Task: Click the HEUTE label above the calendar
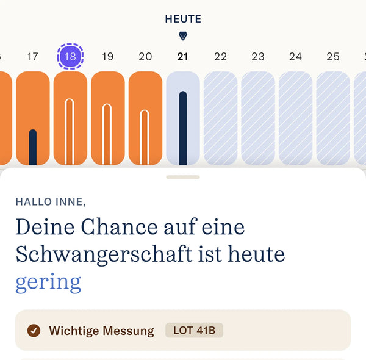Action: tap(183, 19)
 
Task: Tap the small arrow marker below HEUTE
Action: tap(183, 36)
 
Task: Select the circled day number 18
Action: tap(70, 57)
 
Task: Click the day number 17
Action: tap(33, 57)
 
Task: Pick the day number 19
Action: tap(107, 57)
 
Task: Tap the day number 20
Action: tap(145, 57)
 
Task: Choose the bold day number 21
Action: tap(182, 57)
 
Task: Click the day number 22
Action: tap(220, 57)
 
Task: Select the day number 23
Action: tap(258, 57)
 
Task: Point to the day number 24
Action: tap(295, 57)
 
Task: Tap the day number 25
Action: tap(333, 57)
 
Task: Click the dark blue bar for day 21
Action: tap(183, 128)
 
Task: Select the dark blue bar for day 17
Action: tap(33, 147)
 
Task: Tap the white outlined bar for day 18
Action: tap(70, 131)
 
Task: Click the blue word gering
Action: tap(48, 282)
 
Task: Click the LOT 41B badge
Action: tap(194, 331)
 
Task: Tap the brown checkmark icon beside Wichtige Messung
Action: tap(34, 331)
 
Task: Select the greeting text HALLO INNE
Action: tap(50, 201)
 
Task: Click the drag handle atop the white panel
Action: tap(183, 177)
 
